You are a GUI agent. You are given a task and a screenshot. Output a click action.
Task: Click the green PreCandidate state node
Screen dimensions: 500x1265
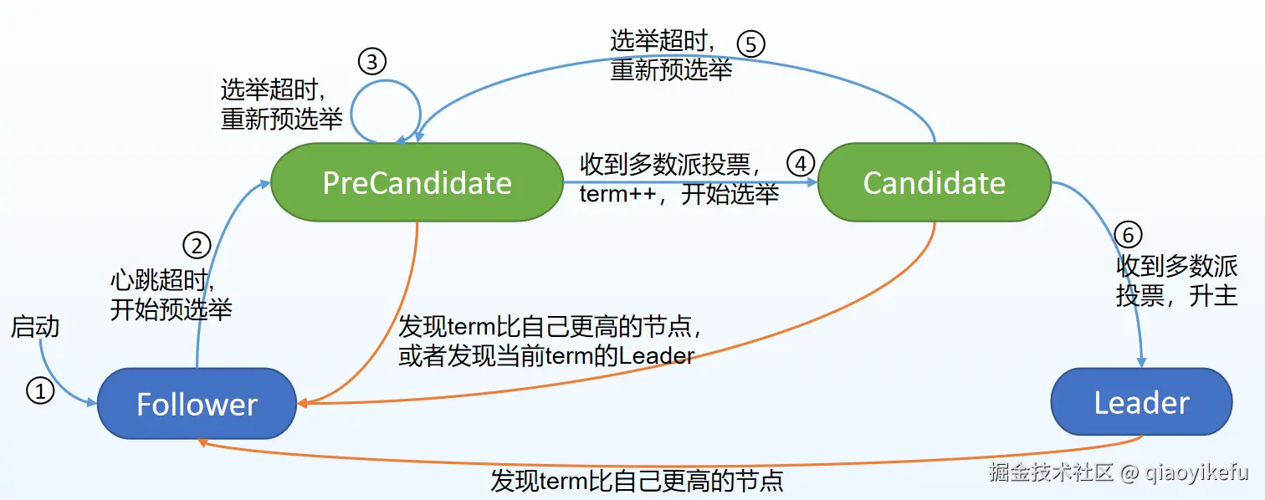click(x=417, y=182)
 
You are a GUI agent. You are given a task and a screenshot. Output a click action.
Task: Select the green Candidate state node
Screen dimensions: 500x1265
click(x=934, y=182)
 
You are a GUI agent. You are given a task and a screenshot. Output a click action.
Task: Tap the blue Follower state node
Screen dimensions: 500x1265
click(x=197, y=405)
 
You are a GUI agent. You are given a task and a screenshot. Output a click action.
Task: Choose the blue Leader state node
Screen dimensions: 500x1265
click(x=1141, y=402)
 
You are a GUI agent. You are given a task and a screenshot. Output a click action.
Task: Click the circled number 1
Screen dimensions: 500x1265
click(x=40, y=389)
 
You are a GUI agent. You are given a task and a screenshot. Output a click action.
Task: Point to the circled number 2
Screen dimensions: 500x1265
click(x=196, y=245)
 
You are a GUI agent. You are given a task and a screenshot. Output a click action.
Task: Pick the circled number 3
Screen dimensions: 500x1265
click(x=372, y=61)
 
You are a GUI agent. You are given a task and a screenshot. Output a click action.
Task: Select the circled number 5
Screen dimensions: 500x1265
click(x=750, y=43)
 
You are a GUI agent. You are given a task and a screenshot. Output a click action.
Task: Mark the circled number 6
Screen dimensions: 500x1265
click(x=1128, y=235)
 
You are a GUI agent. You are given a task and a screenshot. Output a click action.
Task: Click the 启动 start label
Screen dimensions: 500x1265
click(x=35, y=327)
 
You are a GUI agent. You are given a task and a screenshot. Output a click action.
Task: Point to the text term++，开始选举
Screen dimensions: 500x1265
click(x=679, y=195)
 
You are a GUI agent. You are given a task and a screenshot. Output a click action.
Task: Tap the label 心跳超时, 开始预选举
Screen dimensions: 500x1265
click(x=171, y=294)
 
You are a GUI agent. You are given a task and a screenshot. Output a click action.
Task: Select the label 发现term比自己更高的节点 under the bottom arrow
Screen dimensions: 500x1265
click(x=636, y=482)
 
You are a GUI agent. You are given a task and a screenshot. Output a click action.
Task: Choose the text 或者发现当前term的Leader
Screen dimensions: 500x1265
click(x=546, y=356)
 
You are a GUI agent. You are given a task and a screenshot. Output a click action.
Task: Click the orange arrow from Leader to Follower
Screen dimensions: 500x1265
click(x=669, y=463)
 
